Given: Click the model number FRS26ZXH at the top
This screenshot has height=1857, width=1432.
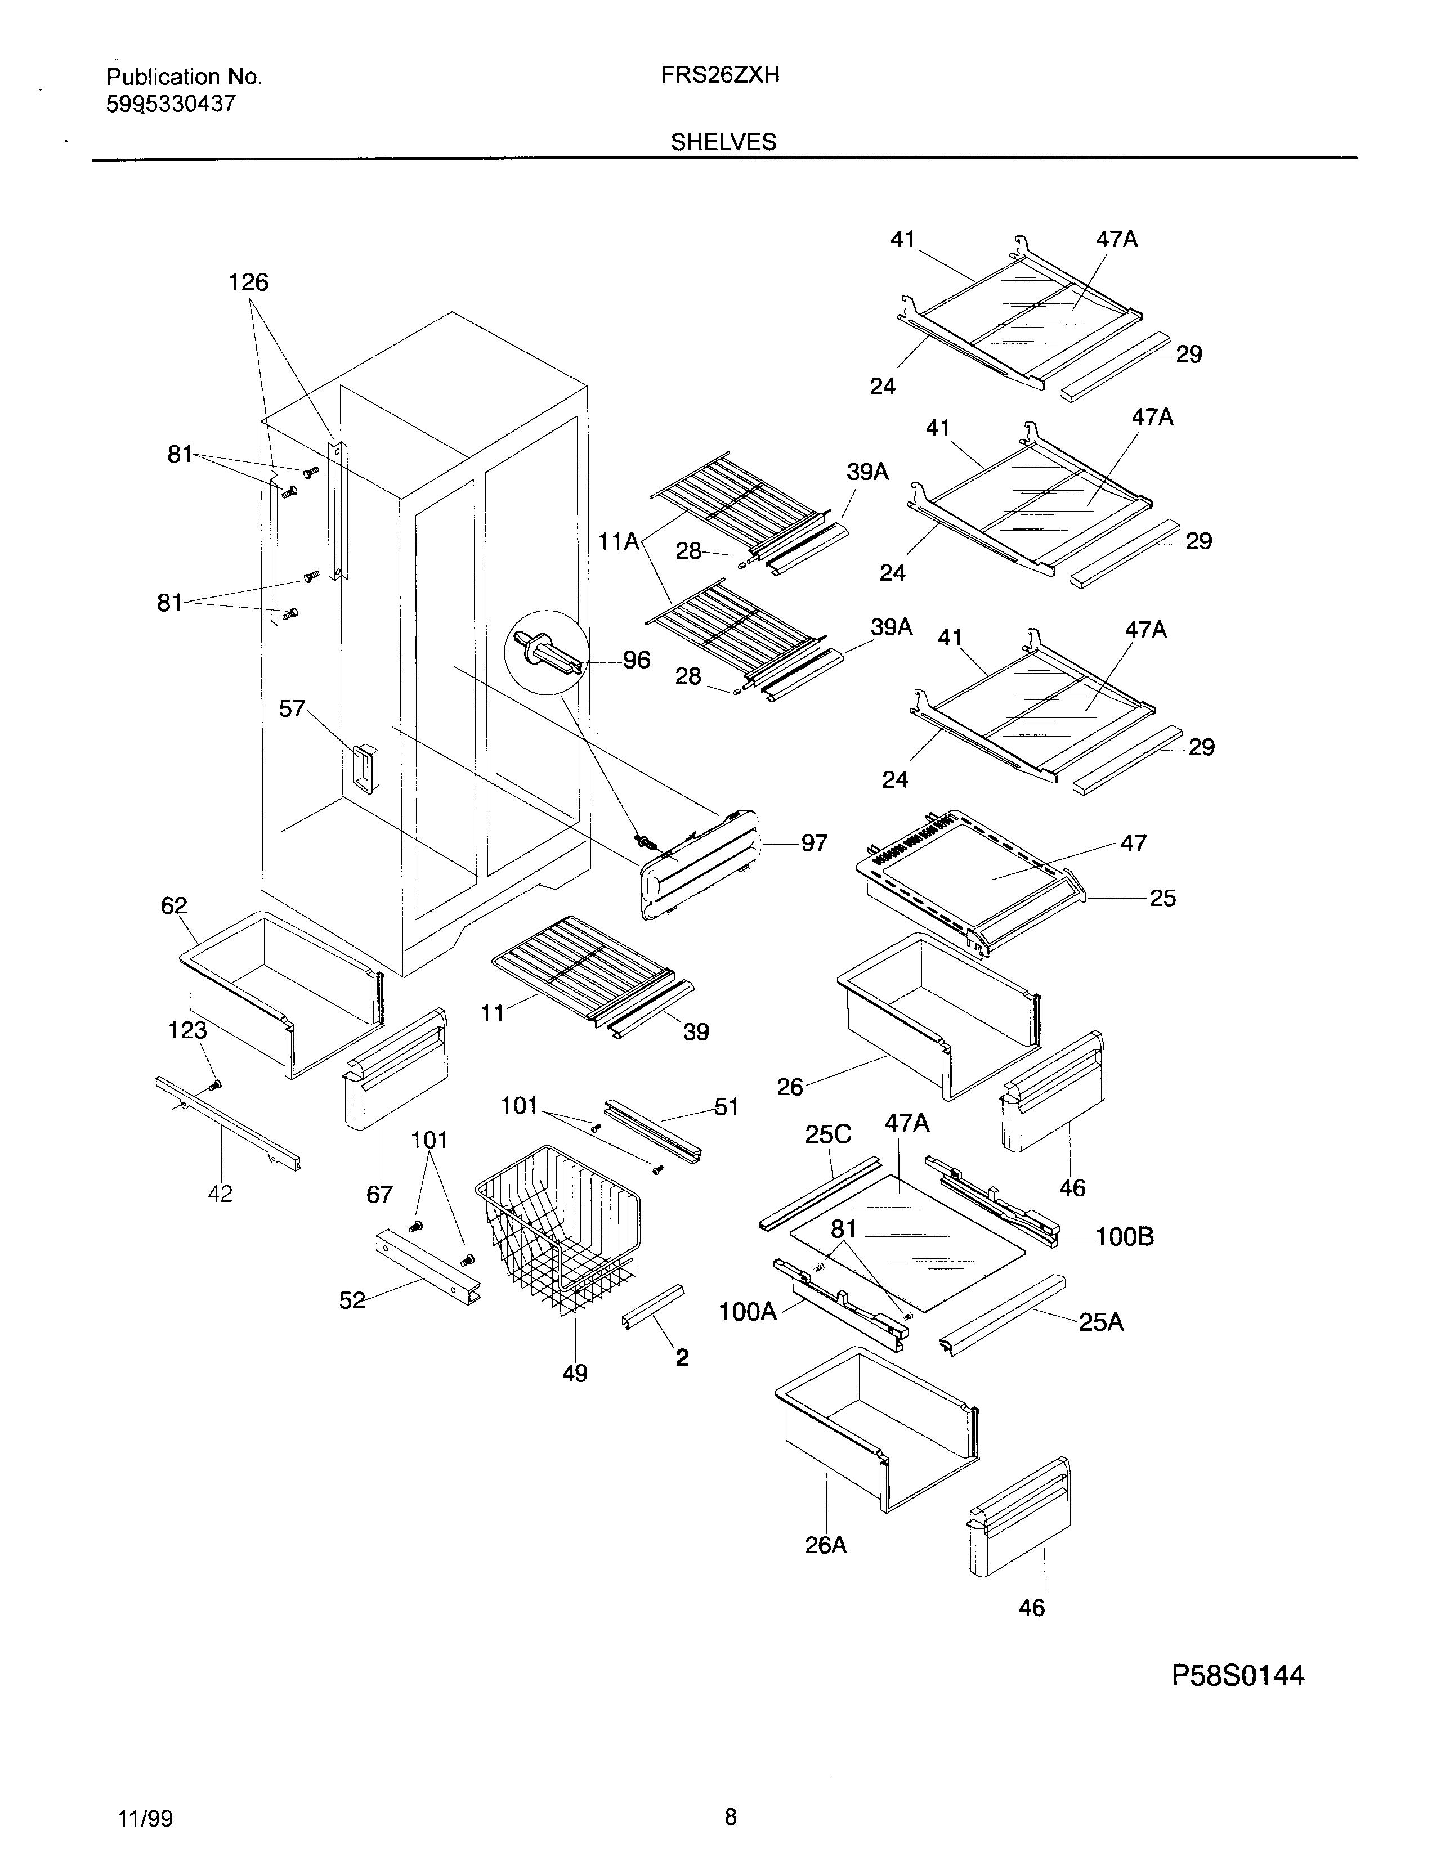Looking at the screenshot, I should (x=721, y=75).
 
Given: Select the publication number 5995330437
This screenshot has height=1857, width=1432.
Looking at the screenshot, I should (x=170, y=105).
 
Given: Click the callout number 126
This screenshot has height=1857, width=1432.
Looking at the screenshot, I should (x=248, y=282).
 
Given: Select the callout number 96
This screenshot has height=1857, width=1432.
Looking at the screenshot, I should (x=636, y=660).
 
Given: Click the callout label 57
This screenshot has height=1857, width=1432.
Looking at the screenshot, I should (x=292, y=708).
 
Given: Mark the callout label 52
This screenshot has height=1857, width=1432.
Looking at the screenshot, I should (x=352, y=1300).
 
